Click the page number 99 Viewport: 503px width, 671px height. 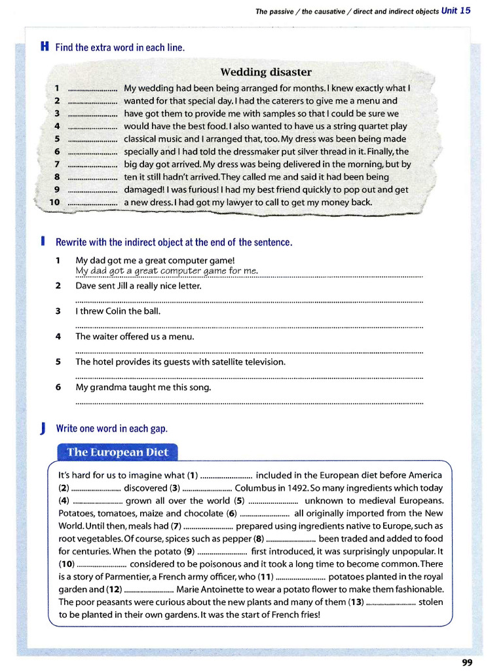(466, 662)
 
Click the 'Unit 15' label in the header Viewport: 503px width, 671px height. (456, 10)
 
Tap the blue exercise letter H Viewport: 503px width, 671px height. (44, 47)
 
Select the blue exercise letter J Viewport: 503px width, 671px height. (43, 429)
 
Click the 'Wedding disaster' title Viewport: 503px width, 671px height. (266, 72)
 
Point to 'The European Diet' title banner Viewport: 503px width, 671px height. (118, 452)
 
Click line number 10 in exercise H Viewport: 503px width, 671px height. (55, 202)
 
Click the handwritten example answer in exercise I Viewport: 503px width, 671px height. (166, 271)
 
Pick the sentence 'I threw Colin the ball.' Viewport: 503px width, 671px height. (118, 311)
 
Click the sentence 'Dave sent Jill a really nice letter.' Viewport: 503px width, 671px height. (138, 286)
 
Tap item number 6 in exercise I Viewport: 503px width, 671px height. (58, 387)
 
